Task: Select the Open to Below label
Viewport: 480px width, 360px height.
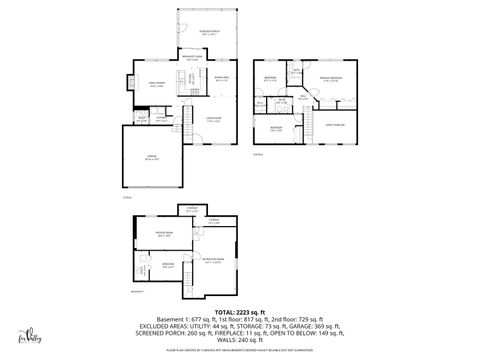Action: (335, 124)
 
